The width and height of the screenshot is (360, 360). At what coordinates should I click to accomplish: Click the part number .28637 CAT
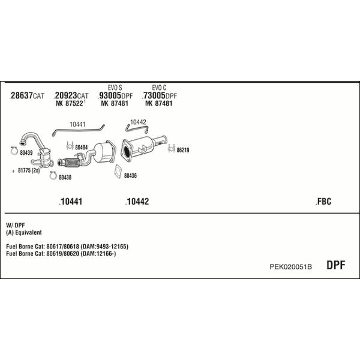click(x=27, y=95)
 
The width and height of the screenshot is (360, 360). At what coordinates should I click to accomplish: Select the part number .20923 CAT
click(x=71, y=95)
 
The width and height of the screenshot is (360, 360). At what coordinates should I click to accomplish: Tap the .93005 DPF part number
click(x=115, y=95)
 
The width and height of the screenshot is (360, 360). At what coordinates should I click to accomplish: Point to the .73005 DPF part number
click(x=160, y=95)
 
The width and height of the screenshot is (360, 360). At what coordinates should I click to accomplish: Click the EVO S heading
click(x=115, y=88)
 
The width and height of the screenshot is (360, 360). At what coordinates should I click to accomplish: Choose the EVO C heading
click(x=159, y=88)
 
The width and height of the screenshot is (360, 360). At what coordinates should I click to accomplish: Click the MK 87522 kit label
click(x=70, y=103)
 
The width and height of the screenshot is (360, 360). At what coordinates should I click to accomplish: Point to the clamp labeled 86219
click(x=172, y=148)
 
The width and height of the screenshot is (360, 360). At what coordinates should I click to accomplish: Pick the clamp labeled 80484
click(x=70, y=146)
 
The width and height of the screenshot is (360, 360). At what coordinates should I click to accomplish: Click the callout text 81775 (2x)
click(x=29, y=170)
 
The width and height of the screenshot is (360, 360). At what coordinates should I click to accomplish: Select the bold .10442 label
click(x=137, y=202)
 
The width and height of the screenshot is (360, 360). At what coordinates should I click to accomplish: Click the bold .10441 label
click(x=70, y=202)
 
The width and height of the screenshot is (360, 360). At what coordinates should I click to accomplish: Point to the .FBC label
click(x=323, y=202)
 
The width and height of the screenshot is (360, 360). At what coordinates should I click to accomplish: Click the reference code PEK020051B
click(x=290, y=266)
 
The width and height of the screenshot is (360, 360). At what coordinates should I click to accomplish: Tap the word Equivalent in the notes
click(x=28, y=233)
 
